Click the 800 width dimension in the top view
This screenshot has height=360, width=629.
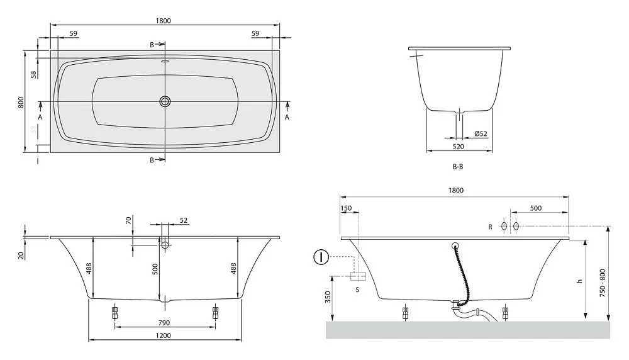tap(21, 102)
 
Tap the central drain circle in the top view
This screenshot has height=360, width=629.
tap(165, 101)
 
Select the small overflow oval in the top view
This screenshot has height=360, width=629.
tap(165, 62)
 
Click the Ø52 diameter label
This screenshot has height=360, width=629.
tap(481, 133)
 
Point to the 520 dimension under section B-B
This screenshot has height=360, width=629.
tap(458, 147)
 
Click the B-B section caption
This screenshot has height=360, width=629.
tap(458, 167)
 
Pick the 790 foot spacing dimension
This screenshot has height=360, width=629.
tap(164, 323)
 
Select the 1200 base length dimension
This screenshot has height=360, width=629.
tap(163, 335)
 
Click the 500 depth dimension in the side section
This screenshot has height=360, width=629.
tap(155, 269)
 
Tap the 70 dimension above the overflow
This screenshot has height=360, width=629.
tap(128, 220)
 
